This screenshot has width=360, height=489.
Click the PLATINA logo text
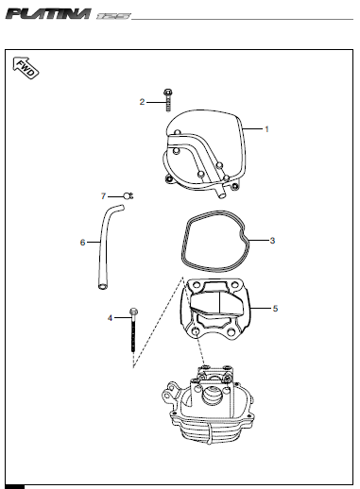click(48, 14)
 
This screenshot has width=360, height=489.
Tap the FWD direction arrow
click(26, 68)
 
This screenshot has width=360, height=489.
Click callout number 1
click(266, 129)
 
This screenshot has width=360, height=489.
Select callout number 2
click(142, 102)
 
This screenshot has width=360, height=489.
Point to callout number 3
click(272, 241)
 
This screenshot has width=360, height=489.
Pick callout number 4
click(110, 318)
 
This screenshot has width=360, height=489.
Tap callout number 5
click(275, 309)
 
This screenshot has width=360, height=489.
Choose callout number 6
click(82, 243)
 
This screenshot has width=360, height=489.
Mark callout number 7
click(103, 196)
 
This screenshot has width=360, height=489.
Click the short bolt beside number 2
click(167, 100)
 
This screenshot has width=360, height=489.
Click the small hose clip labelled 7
click(129, 196)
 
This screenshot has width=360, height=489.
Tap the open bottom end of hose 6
click(102, 286)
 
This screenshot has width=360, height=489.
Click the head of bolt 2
click(167, 93)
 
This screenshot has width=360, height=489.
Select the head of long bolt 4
click(133, 312)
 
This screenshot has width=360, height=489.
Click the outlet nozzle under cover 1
click(220, 192)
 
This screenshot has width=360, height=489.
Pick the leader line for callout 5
click(261, 308)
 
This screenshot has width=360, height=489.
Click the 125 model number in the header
click(113, 16)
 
